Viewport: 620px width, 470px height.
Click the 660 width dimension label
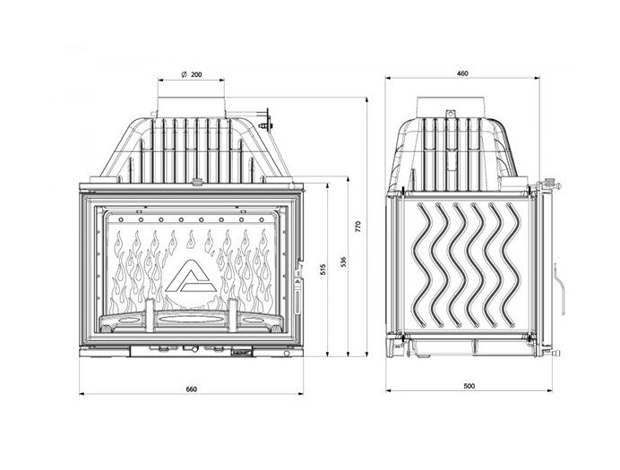191,389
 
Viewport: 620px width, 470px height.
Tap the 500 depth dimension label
469,386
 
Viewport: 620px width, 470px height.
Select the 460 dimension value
462,73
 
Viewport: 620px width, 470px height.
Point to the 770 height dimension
357,226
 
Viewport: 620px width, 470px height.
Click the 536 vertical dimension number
343,261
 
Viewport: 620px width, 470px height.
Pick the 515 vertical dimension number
323,269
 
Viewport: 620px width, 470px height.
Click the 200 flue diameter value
196,74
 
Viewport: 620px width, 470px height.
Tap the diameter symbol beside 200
184,74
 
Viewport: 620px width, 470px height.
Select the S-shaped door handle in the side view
559,288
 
